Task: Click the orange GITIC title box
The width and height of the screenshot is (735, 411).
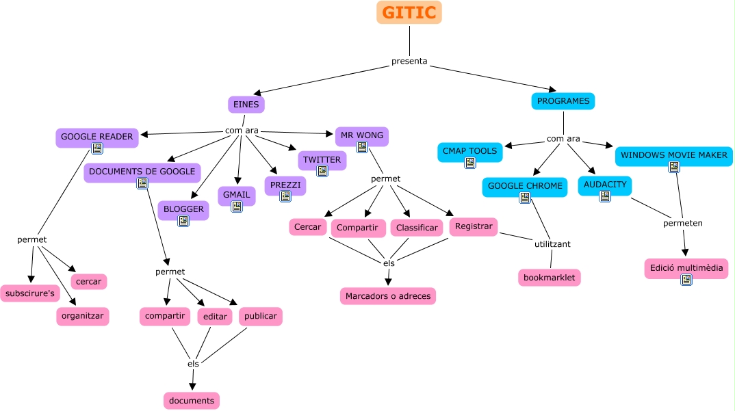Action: pos(409,12)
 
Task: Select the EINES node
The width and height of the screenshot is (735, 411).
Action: pos(246,105)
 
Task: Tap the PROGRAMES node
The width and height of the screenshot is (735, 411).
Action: pos(563,101)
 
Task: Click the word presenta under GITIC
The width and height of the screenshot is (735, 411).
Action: pos(409,62)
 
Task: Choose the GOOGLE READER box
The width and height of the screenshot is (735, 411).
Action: pos(96,137)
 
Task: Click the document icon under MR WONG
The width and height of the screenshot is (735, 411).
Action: pos(362,147)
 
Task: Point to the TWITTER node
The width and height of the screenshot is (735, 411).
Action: pos(322,160)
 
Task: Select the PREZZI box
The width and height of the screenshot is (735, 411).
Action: pos(285,185)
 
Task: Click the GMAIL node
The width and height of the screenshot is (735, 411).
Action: pos(237,195)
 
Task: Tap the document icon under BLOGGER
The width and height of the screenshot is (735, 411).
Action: pos(183,221)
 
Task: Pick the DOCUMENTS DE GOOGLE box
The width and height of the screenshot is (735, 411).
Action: pos(142,172)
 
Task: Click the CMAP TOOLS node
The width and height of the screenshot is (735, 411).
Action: pos(469,151)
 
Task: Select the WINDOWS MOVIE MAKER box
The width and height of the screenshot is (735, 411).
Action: pos(673,155)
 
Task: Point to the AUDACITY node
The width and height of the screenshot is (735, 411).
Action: pos(605,185)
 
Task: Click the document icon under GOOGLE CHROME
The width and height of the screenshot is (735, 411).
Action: pos(525,198)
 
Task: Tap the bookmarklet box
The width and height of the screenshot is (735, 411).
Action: pos(550,277)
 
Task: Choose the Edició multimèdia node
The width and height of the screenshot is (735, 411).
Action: pos(686,267)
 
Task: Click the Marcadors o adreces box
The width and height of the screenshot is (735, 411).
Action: pos(388,295)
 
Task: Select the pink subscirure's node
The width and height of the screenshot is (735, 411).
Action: pos(30,293)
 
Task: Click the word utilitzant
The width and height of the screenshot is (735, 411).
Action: pos(552,244)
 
